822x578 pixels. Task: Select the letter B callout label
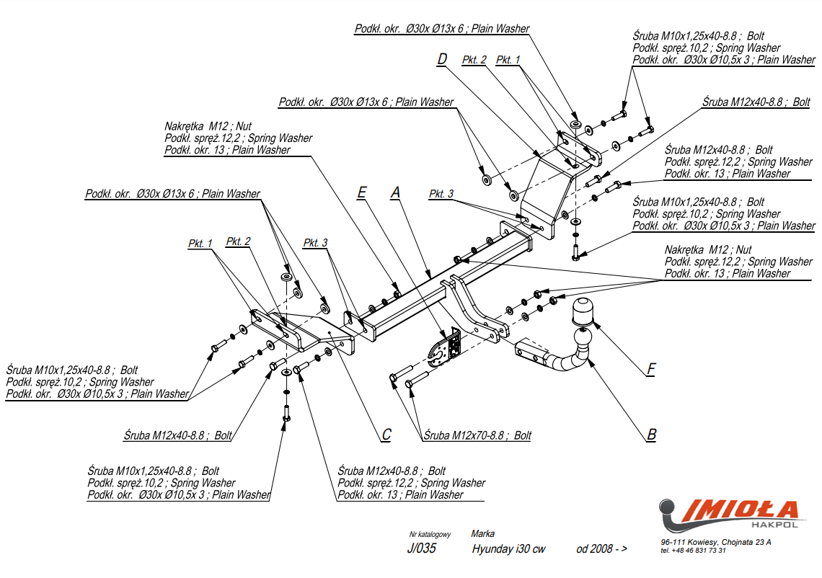click(651, 434)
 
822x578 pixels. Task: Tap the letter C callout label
click(386, 434)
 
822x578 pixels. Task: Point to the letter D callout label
click(442, 59)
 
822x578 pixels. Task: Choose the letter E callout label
click(362, 192)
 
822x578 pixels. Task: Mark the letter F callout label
click(650, 370)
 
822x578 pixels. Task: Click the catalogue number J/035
click(422, 548)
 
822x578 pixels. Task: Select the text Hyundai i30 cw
click(508, 549)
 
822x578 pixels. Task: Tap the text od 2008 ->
click(601, 549)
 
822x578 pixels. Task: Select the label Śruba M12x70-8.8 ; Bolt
click(477, 435)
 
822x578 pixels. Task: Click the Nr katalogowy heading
click(430, 534)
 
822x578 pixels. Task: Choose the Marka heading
click(482, 534)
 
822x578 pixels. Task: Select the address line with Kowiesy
click(715, 542)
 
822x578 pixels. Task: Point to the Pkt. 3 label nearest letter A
click(441, 194)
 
